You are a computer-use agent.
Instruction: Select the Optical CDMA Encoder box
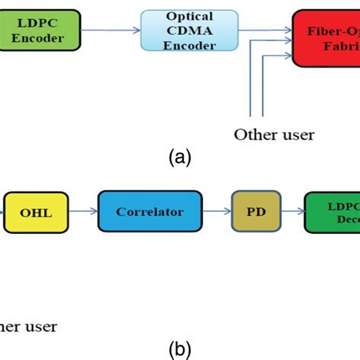pos(178,30)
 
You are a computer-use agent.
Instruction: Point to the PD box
pos(257,213)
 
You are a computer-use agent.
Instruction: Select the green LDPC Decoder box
pos(333,213)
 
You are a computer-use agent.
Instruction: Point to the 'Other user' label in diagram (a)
pos(274,135)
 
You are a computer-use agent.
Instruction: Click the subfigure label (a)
pos(180,158)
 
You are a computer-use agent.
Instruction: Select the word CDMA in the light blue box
pos(178,30)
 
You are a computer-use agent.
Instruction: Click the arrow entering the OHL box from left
pos(4,213)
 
